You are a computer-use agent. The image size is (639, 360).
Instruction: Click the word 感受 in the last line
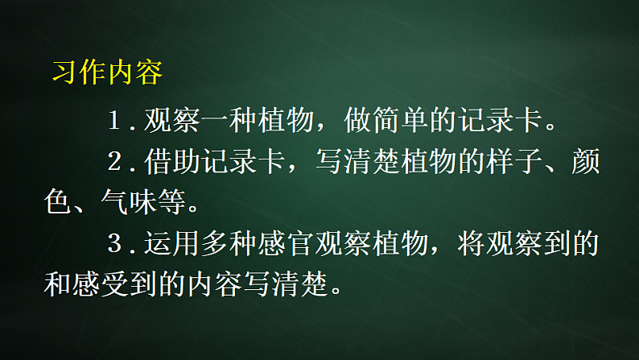[113, 282]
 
